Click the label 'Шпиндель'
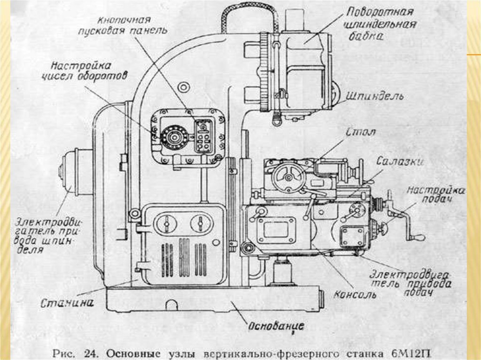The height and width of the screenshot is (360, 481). [374, 96]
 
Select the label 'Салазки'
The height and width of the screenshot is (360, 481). [400, 161]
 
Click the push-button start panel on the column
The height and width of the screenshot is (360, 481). [204, 137]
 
